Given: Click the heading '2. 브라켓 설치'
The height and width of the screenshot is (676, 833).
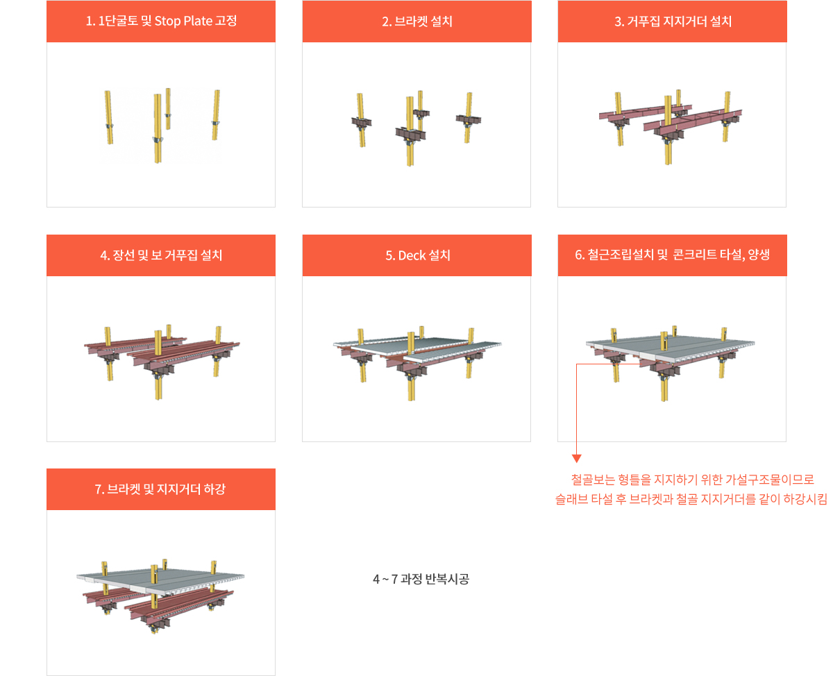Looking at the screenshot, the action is (417, 21).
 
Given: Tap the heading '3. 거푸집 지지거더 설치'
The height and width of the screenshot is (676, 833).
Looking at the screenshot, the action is (673, 21).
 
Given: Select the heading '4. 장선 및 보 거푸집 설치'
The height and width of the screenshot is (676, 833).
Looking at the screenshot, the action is (161, 255).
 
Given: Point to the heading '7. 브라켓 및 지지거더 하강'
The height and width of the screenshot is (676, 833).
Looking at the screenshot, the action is (160, 489).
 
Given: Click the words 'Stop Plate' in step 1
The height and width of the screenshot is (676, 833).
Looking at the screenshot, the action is (183, 21).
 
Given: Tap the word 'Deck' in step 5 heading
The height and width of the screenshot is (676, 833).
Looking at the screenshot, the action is (412, 255).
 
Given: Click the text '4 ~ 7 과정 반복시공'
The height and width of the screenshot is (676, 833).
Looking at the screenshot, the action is (421, 579).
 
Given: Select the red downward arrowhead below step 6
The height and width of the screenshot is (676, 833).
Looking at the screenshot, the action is (576, 458).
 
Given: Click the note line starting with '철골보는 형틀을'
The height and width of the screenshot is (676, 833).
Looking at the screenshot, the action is (692, 480).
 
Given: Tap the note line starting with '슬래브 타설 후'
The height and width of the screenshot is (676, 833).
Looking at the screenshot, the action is (691, 499).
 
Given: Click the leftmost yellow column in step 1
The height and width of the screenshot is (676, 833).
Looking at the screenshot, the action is (108, 117).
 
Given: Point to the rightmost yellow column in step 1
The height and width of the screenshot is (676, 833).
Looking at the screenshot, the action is (216, 115).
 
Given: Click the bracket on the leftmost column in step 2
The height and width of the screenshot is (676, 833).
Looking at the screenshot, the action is (362, 122).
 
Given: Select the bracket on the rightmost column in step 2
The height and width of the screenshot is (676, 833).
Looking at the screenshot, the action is (468, 119).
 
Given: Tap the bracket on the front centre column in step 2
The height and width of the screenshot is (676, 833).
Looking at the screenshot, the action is (410, 133).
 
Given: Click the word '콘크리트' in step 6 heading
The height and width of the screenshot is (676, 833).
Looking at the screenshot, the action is (695, 255).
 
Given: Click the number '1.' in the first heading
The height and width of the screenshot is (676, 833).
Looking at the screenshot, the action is (90, 21).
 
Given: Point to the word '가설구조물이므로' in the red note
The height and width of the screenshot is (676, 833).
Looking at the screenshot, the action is (770, 480).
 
